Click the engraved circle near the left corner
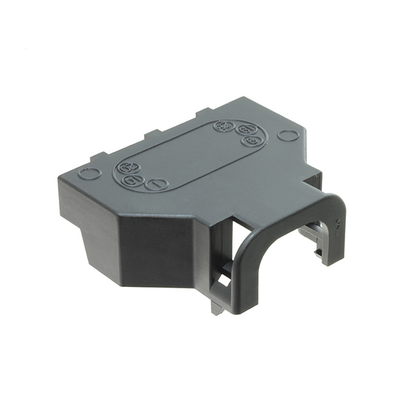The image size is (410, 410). click(90, 173)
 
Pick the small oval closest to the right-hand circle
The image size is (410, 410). click(251, 141)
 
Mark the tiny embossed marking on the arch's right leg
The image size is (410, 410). click(334, 225)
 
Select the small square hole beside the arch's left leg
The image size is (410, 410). click(224, 281)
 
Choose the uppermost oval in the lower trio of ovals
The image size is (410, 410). click(127, 168)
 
